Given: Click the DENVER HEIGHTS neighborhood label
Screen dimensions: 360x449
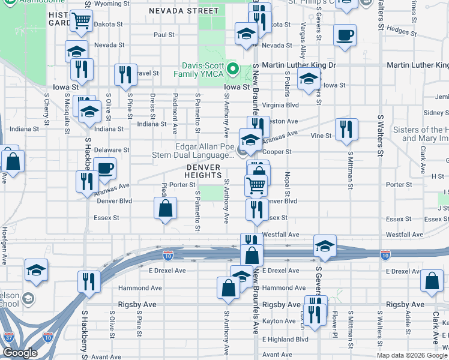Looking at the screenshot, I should coord(203,170).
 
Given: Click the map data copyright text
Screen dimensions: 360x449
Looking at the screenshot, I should coord(412,355).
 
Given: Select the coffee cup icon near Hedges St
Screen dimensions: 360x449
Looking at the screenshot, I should coord(345,35).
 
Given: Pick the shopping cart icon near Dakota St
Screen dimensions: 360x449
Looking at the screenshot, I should coord(81,22).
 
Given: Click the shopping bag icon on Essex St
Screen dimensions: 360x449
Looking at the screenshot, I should coord(166,209).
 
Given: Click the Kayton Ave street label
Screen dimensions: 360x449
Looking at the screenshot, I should coord(280,322).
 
